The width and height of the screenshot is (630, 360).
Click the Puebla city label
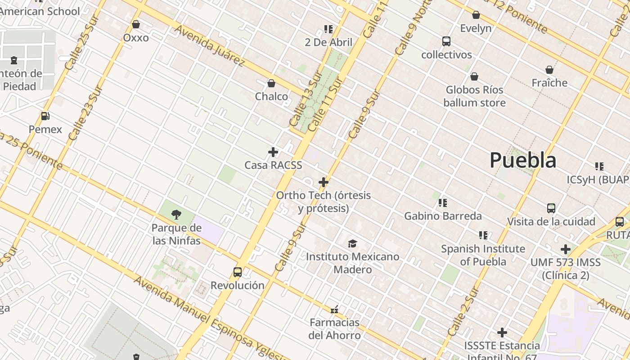click(523, 160)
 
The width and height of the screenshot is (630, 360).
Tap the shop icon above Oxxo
click(136, 24)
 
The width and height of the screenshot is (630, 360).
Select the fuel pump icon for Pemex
click(45, 116)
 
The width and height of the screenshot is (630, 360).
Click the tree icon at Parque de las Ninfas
click(176, 215)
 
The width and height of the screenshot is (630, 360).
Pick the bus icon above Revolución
click(238, 272)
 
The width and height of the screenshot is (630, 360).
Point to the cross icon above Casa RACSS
click(273, 152)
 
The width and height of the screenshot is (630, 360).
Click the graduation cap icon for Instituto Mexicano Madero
click(352, 243)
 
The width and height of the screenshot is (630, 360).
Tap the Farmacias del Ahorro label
click(334, 329)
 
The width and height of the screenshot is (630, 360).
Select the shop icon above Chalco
click(271, 83)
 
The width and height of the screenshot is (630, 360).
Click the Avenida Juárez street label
click(210, 46)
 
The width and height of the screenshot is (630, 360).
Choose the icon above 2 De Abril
click(328, 29)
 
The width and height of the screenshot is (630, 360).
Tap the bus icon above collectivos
click(446, 41)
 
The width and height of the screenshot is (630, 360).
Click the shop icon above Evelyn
click(476, 15)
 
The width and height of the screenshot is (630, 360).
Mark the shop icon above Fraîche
click(549, 70)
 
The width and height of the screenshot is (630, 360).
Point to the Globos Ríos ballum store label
click(474, 96)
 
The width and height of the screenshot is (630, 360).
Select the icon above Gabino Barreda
click(443, 203)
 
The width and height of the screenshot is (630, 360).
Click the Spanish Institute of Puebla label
click(483, 255)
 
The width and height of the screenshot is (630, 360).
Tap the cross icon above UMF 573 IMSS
click(566, 249)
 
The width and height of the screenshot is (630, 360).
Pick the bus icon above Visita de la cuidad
click(551, 208)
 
